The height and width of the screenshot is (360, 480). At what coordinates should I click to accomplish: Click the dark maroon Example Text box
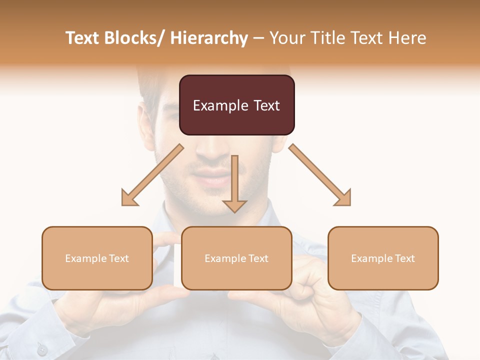coord(236,105)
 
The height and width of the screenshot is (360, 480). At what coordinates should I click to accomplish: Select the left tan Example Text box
coord(97,258)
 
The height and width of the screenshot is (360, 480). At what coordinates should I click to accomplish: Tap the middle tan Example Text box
coord(236,258)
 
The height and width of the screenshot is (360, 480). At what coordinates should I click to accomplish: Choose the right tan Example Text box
coord(383,258)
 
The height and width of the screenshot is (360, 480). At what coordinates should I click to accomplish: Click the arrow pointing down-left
coord(152,175)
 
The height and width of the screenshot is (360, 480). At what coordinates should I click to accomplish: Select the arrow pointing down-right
coord(320,175)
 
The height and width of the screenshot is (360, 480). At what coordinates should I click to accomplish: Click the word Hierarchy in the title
coord(209,38)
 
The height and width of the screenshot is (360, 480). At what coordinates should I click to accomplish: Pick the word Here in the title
coord(408,38)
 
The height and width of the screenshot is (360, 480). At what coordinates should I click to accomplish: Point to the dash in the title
coord(258,38)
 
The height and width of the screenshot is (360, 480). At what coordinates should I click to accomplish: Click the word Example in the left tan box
coord(83,258)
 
